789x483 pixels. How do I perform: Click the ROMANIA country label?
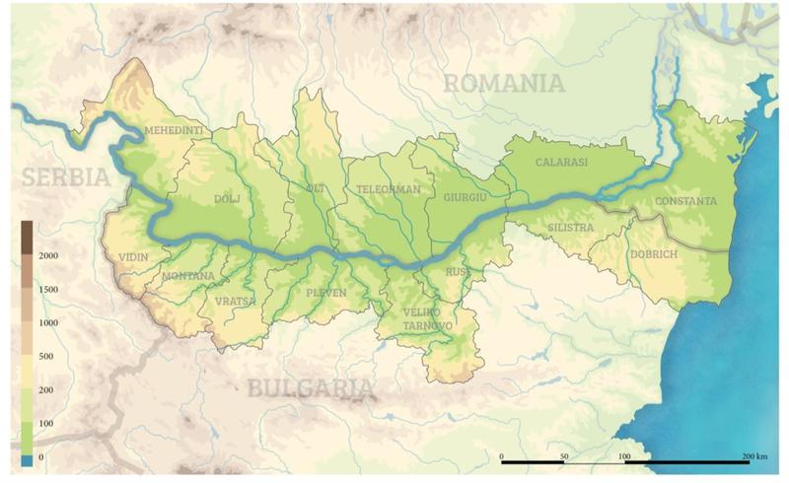503,83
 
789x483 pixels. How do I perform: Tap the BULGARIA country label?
311,388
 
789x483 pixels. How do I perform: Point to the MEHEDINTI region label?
174,131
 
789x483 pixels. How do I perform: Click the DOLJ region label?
227,198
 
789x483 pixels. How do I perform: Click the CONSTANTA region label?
684,201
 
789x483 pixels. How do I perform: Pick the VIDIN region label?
133,257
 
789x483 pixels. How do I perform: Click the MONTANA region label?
187,275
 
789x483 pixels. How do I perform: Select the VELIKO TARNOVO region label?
428,319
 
